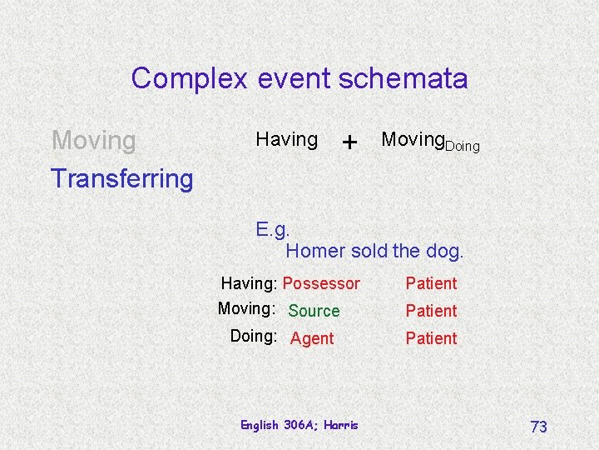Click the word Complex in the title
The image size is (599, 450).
[x=189, y=79]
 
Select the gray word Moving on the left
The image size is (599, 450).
[x=93, y=141]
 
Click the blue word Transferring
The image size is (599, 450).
[x=121, y=177]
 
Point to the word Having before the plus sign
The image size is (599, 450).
[x=286, y=140]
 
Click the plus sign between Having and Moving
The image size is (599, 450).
[x=349, y=142]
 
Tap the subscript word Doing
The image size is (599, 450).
[x=463, y=147]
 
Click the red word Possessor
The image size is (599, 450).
[x=321, y=283]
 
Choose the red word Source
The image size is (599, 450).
[x=314, y=311]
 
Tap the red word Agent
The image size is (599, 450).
[x=312, y=338]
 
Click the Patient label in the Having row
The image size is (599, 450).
[x=431, y=283]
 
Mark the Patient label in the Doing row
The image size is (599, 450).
[x=431, y=338]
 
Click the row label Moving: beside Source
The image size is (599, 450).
[x=246, y=309]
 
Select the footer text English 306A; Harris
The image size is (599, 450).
[x=299, y=425]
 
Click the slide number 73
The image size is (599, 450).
[x=538, y=427]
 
